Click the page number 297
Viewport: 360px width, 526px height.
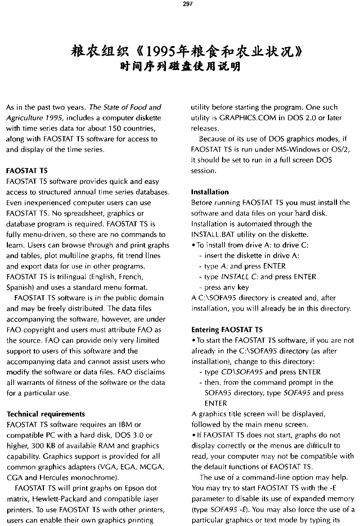[x=188, y=4]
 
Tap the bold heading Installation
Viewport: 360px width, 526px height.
[x=210, y=192]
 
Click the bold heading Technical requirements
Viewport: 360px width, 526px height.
[x=46, y=414]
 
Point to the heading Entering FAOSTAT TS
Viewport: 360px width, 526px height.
[x=227, y=329]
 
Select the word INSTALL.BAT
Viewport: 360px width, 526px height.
[x=213, y=234]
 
